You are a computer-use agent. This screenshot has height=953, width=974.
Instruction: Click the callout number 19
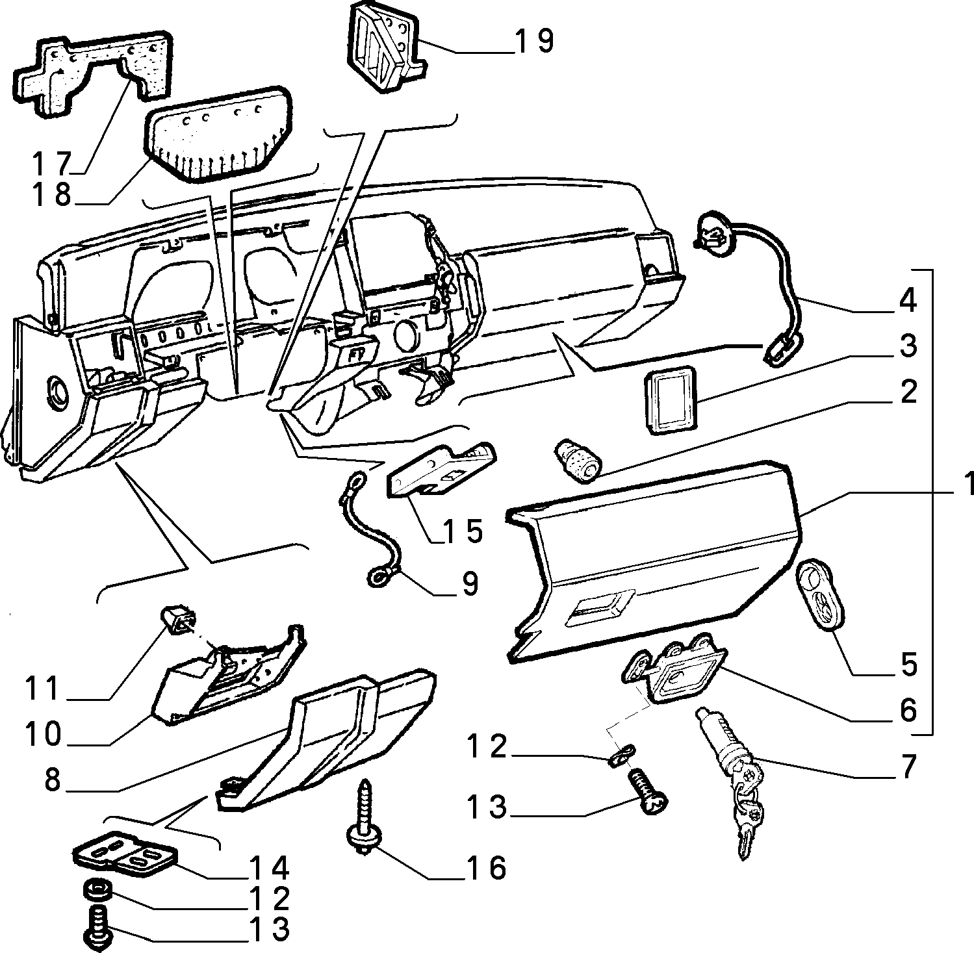coord(533,40)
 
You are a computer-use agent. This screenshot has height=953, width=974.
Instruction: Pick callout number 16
coord(485,867)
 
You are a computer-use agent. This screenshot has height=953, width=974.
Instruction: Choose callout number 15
coord(462,530)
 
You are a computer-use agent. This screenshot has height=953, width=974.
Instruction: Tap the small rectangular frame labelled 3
coord(670,398)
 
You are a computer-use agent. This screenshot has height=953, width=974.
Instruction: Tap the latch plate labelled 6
coord(672,666)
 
